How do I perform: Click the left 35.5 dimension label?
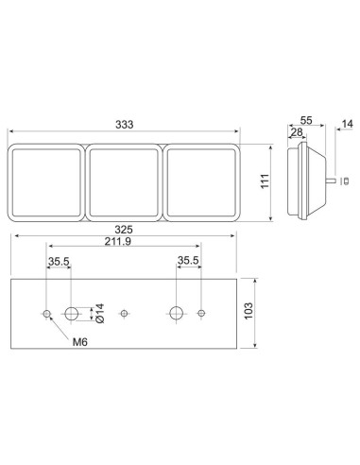coord(58,261)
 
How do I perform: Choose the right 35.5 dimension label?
coord(188,261)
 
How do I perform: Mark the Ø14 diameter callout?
coord(96,313)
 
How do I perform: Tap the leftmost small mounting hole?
coord(46,313)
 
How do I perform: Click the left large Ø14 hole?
coord(71,313)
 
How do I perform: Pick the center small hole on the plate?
coord(124,313)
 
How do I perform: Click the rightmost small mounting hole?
coord(201,313)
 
